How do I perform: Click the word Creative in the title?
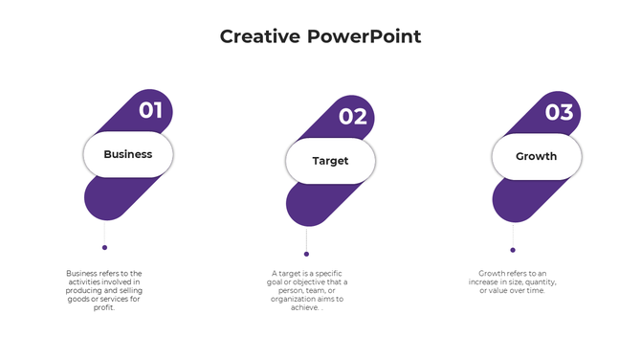tap(260, 36)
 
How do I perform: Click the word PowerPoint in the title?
tap(365, 36)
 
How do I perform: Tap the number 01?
tap(150, 110)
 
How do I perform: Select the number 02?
tap(353, 117)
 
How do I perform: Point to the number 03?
tap(559, 112)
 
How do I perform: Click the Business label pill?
tap(128, 154)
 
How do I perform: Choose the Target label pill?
tap(330, 161)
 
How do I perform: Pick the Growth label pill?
tap(536, 156)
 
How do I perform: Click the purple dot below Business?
tap(104, 247)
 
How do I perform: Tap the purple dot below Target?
tap(306, 254)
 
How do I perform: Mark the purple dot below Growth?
tap(513, 250)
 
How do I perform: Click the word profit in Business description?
tap(104, 307)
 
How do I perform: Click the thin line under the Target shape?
tap(306, 238)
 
